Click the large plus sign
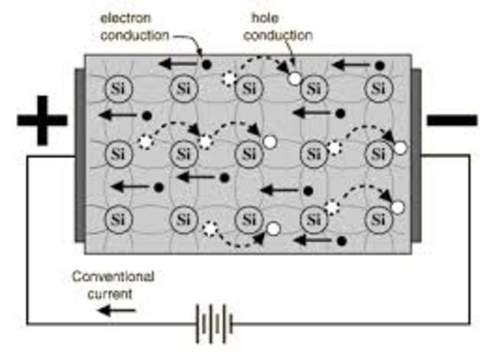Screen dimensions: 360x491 (42, 121)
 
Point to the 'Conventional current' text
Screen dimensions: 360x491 (113, 284)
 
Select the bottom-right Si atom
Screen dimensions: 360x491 (377, 220)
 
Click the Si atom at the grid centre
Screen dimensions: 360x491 (247, 153)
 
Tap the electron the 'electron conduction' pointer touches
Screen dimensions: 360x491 (206, 62)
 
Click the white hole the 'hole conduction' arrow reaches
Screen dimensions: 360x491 (294, 78)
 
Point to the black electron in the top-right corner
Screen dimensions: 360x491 (379, 65)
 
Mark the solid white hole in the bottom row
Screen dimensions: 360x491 (272, 228)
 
